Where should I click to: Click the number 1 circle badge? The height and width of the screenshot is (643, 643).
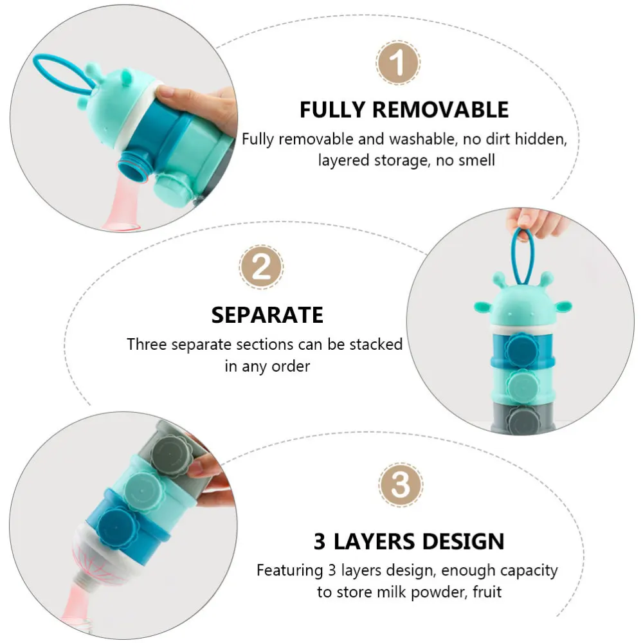pyautogui.click(x=398, y=64)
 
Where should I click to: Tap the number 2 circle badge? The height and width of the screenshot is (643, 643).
pyautogui.click(x=261, y=267)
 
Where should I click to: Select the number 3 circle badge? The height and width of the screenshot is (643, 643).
pyautogui.click(x=400, y=485)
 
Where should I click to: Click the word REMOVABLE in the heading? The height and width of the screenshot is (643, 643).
pyautogui.click(x=440, y=110)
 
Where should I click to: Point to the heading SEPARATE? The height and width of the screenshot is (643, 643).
pyautogui.click(x=267, y=315)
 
